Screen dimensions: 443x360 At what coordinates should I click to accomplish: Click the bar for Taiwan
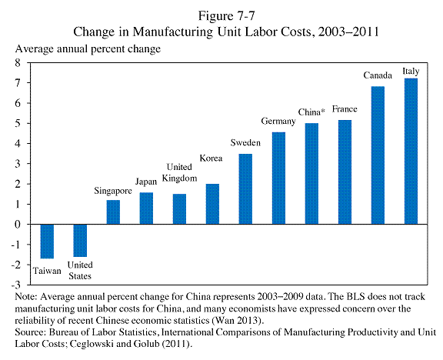tap(47, 242)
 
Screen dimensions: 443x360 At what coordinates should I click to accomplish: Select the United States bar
tap(80, 241)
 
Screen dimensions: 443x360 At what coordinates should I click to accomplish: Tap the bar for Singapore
tap(113, 212)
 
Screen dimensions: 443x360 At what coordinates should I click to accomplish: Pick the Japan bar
tap(146, 208)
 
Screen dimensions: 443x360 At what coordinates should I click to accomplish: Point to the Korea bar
tap(212, 204)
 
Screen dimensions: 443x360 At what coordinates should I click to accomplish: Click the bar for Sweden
tap(245, 189)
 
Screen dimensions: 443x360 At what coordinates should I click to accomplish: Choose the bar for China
tap(311, 174)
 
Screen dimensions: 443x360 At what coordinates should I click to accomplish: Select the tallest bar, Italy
tap(411, 152)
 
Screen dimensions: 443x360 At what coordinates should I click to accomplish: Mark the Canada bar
tap(378, 155)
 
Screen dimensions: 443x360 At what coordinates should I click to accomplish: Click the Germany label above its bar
tap(278, 122)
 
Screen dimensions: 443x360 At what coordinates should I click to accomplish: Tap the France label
tap(345, 109)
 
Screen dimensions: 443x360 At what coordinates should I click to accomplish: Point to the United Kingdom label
tap(179, 172)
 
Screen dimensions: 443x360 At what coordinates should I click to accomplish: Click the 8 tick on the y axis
tap(18, 62)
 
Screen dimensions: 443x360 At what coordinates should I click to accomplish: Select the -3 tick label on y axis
tap(16, 285)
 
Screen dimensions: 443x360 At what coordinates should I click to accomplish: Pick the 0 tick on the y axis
tap(18, 225)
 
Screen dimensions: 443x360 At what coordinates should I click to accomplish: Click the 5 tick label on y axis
tap(18, 123)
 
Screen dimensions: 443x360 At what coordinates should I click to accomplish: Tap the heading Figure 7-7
tap(226, 16)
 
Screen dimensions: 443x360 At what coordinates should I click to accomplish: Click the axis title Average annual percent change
tap(88, 49)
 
